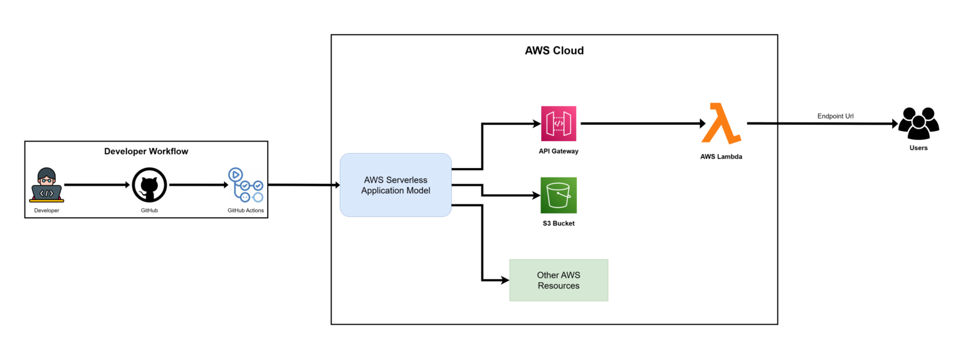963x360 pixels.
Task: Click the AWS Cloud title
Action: click(554, 51)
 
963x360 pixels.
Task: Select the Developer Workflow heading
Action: click(145, 151)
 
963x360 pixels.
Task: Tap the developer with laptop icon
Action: click(46, 184)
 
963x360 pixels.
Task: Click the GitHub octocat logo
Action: click(149, 185)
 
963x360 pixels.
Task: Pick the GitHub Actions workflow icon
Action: click(245, 185)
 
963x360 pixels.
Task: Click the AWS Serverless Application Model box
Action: click(396, 185)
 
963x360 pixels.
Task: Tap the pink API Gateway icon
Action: click(558, 124)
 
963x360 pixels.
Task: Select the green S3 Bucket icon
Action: click(558, 195)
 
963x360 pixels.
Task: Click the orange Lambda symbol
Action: click(720, 124)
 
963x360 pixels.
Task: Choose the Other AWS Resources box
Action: click(558, 280)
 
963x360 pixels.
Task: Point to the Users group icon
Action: click(918, 124)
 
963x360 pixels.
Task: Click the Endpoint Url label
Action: click(835, 116)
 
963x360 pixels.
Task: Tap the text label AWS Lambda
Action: click(721, 157)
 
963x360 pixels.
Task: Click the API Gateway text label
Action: click(558, 152)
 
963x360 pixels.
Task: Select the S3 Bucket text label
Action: click(558, 223)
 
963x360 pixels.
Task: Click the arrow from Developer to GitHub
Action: click(97, 185)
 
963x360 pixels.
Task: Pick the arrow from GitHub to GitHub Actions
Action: click(197, 185)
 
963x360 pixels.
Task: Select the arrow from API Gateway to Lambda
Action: click(639, 124)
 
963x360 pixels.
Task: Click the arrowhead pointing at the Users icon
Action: click(893, 124)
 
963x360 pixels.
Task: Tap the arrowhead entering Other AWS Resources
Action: click(504, 280)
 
